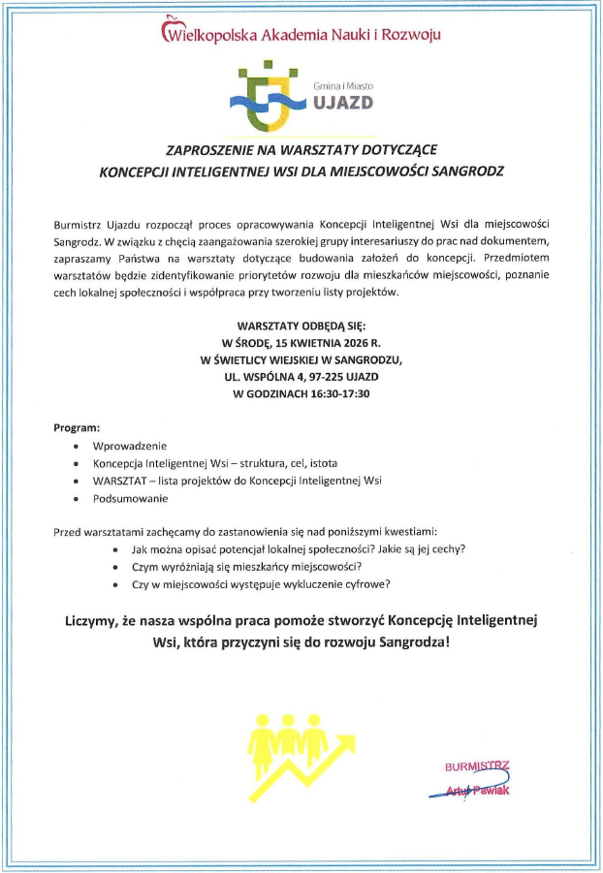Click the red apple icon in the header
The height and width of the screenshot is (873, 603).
click(x=171, y=24)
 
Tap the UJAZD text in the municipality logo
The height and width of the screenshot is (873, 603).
click(x=341, y=103)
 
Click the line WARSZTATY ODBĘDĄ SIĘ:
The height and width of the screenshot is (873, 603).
click(x=301, y=327)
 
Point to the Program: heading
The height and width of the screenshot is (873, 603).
click(x=77, y=427)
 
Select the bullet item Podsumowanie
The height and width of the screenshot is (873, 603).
click(x=130, y=498)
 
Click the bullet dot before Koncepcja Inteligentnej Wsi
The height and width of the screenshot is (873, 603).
click(x=77, y=463)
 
